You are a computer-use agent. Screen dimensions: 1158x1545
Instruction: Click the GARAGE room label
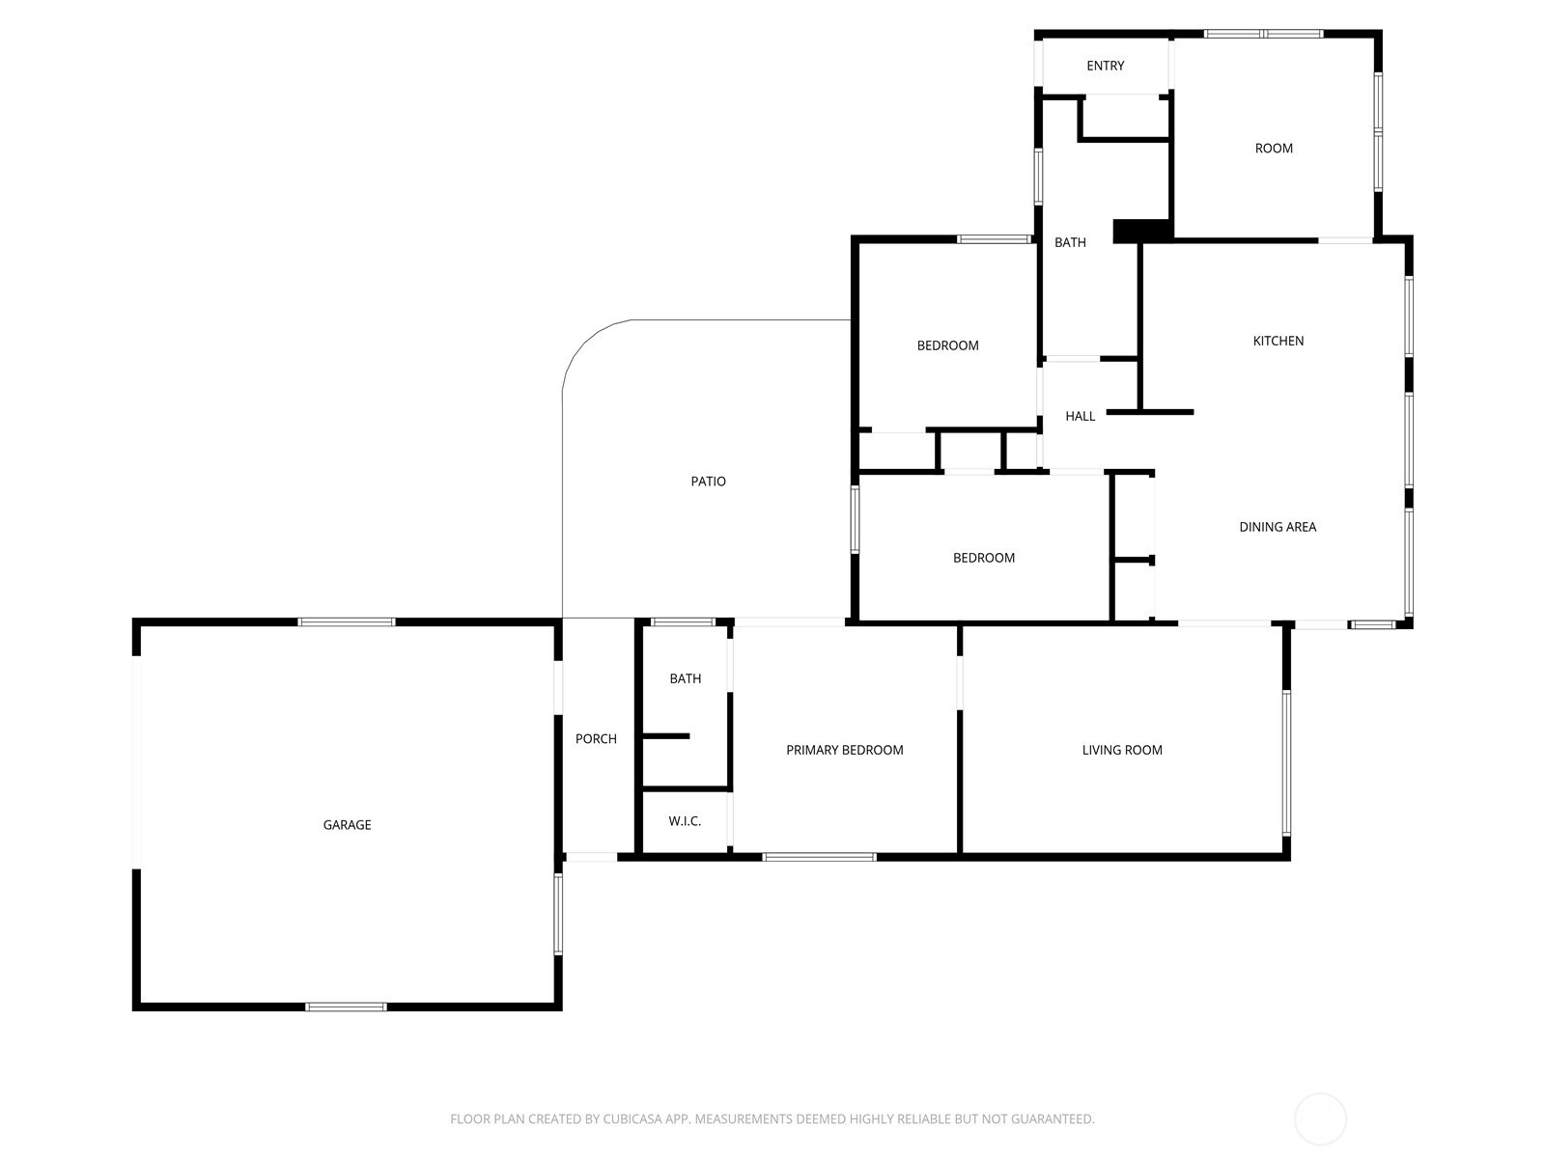[x=347, y=825]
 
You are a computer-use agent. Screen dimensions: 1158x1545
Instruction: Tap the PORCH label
[x=596, y=739]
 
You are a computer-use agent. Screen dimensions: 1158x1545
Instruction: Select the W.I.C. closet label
[x=685, y=821]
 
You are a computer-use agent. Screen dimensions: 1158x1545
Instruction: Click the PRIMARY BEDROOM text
[x=844, y=750]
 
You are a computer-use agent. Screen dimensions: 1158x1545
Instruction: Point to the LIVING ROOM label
[x=1121, y=750]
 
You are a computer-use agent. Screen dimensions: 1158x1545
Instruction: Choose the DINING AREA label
[x=1277, y=527]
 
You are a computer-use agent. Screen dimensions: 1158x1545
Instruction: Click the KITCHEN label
[x=1278, y=341]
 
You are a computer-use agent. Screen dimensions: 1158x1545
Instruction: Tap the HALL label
[x=1080, y=416]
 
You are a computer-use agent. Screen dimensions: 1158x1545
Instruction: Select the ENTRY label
[x=1105, y=66]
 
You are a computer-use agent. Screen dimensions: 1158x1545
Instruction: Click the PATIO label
[x=708, y=482]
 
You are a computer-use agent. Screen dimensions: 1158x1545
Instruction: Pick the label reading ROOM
[x=1273, y=149]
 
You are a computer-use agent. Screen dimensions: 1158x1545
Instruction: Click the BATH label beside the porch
[x=685, y=678]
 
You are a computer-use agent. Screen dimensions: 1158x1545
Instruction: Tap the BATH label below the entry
[x=1069, y=242]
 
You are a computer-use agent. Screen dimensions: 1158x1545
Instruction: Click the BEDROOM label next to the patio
[x=947, y=345]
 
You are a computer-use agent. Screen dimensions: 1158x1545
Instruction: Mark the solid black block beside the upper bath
[x=1141, y=232]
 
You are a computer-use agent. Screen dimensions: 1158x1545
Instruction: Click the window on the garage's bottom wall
[x=346, y=1006]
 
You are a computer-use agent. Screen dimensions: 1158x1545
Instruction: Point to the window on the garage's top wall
[x=346, y=622]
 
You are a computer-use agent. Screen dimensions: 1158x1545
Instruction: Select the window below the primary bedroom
[x=819, y=856]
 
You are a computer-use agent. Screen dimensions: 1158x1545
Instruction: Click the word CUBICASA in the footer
[x=632, y=1119]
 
